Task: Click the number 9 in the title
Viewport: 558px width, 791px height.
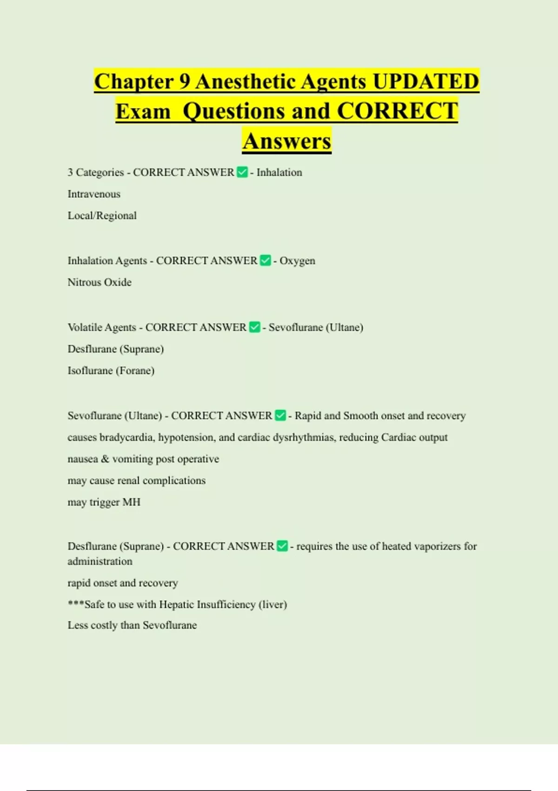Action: pyautogui.click(x=185, y=81)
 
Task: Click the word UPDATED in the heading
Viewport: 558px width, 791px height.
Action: pyautogui.click(x=425, y=81)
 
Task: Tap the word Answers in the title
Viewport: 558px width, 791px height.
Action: pyautogui.click(x=287, y=141)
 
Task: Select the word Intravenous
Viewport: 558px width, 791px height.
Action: pyautogui.click(x=94, y=194)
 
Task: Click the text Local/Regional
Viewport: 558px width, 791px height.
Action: pyautogui.click(x=102, y=215)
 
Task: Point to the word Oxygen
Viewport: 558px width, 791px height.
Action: pyautogui.click(x=297, y=261)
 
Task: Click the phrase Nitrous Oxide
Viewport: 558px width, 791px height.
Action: pyautogui.click(x=100, y=282)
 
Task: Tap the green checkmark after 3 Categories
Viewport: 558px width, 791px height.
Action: pyautogui.click(x=242, y=172)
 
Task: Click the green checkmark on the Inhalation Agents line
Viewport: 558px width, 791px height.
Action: pyautogui.click(x=265, y=261)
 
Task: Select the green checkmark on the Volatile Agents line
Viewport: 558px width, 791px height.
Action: pyautogui.click(x=254, y=327)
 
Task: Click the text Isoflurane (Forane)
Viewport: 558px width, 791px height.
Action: pyautogui.click(x=111, y=371)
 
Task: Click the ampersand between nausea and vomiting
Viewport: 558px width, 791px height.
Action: pyautogui.click(x=105, y=459)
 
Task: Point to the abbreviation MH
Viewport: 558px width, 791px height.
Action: pyautogui.click(x=131, y=503)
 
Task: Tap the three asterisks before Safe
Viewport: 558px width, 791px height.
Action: pyautogui.click(x=76, y=604)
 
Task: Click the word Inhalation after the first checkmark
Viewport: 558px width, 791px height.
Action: pyautogui.click(x=279, y=172)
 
